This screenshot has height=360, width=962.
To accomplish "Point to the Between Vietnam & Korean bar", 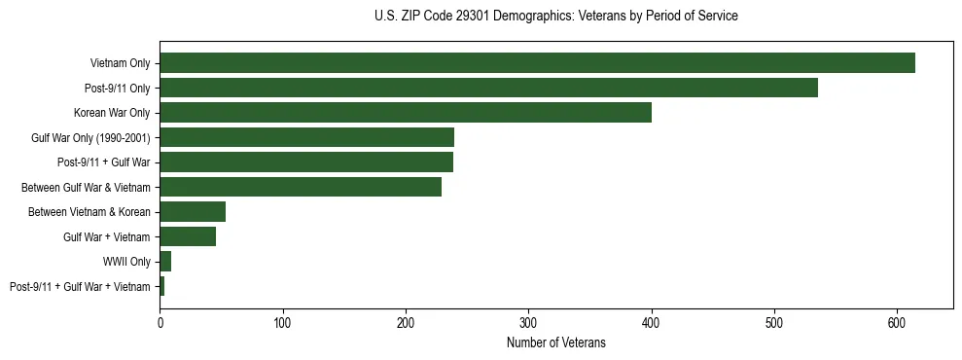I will click(x=193, y=211).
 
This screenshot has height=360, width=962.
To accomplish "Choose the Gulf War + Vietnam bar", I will click(x=188, y=236).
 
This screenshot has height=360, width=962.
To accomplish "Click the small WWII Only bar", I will click(x=165, y=261).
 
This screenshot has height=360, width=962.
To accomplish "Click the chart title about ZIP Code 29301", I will click(x=555, y=17).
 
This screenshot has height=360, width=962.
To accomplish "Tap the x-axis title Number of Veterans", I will click(x=555, y=342).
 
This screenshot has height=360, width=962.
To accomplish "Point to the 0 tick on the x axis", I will click(x=160, y=322).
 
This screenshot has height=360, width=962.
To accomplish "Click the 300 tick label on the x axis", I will click(x=528, y=322).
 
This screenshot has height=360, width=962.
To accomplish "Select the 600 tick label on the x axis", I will click(x=897, y=322).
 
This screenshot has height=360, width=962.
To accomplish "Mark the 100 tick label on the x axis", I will click(x=283, y=322).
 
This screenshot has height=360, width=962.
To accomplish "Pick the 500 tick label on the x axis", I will click(x=774, y=322).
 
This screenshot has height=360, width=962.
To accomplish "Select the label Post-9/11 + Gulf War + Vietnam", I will click(x=80, y=286).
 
